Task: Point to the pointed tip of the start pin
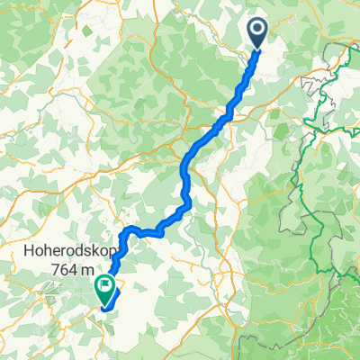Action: [x=257, y=49]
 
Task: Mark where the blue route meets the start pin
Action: [x=256, y=50]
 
